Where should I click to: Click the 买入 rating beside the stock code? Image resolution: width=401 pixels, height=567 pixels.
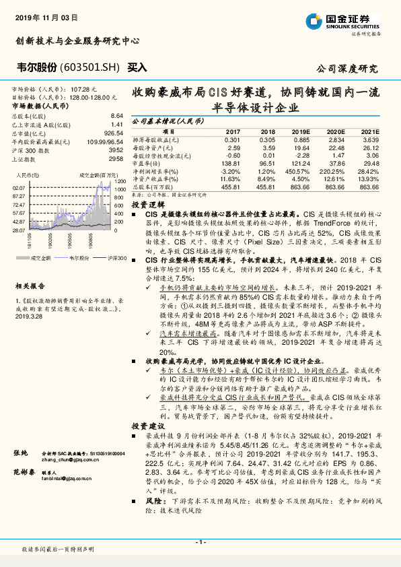pos(137,67)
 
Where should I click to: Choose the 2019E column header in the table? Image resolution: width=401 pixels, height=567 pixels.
pos(300,132)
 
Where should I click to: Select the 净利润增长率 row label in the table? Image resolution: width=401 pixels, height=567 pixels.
pos(159,172)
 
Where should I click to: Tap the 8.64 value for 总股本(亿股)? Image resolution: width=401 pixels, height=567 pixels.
pos(116,116)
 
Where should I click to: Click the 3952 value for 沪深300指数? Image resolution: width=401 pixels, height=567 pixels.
pos(116,150)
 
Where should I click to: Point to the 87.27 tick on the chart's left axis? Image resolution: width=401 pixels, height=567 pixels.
pos(18,195)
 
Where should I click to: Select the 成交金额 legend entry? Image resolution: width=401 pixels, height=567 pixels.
pos(41,257)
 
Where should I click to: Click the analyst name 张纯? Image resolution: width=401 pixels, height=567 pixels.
pos(22,453)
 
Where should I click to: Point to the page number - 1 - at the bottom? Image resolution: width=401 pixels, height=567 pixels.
pos(200,542)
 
